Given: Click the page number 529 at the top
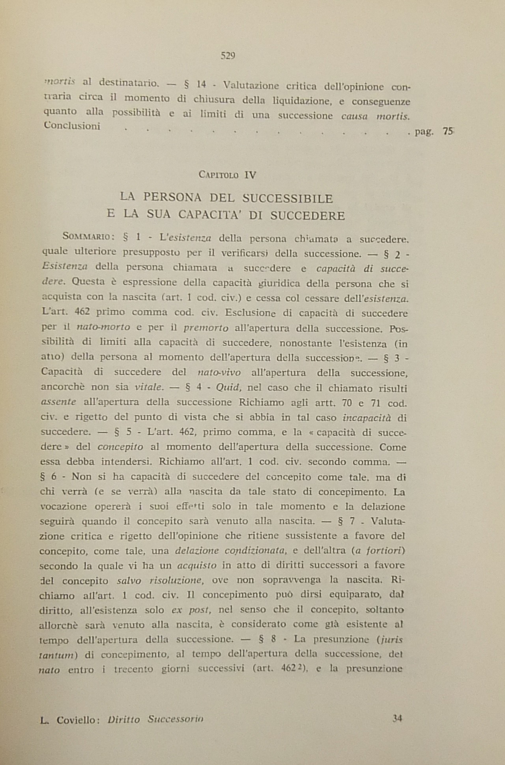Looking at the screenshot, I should coord(228,56).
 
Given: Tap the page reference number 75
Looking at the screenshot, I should coord(447,131).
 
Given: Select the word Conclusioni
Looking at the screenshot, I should coord(72,126).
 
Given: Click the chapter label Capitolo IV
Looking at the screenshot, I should coord(228,175).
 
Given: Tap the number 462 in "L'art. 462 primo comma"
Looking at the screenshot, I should coord(82,312).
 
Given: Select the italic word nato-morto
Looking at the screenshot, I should coord(103,327).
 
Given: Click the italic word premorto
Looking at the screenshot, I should coord(206,328).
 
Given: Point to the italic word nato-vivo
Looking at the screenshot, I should coord(219,372).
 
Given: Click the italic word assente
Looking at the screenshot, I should coord(59,402).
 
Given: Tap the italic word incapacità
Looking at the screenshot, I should coord(367,417).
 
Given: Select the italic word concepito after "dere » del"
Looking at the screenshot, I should coord(120,447).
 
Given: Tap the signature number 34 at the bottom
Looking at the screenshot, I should coord(397,718).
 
